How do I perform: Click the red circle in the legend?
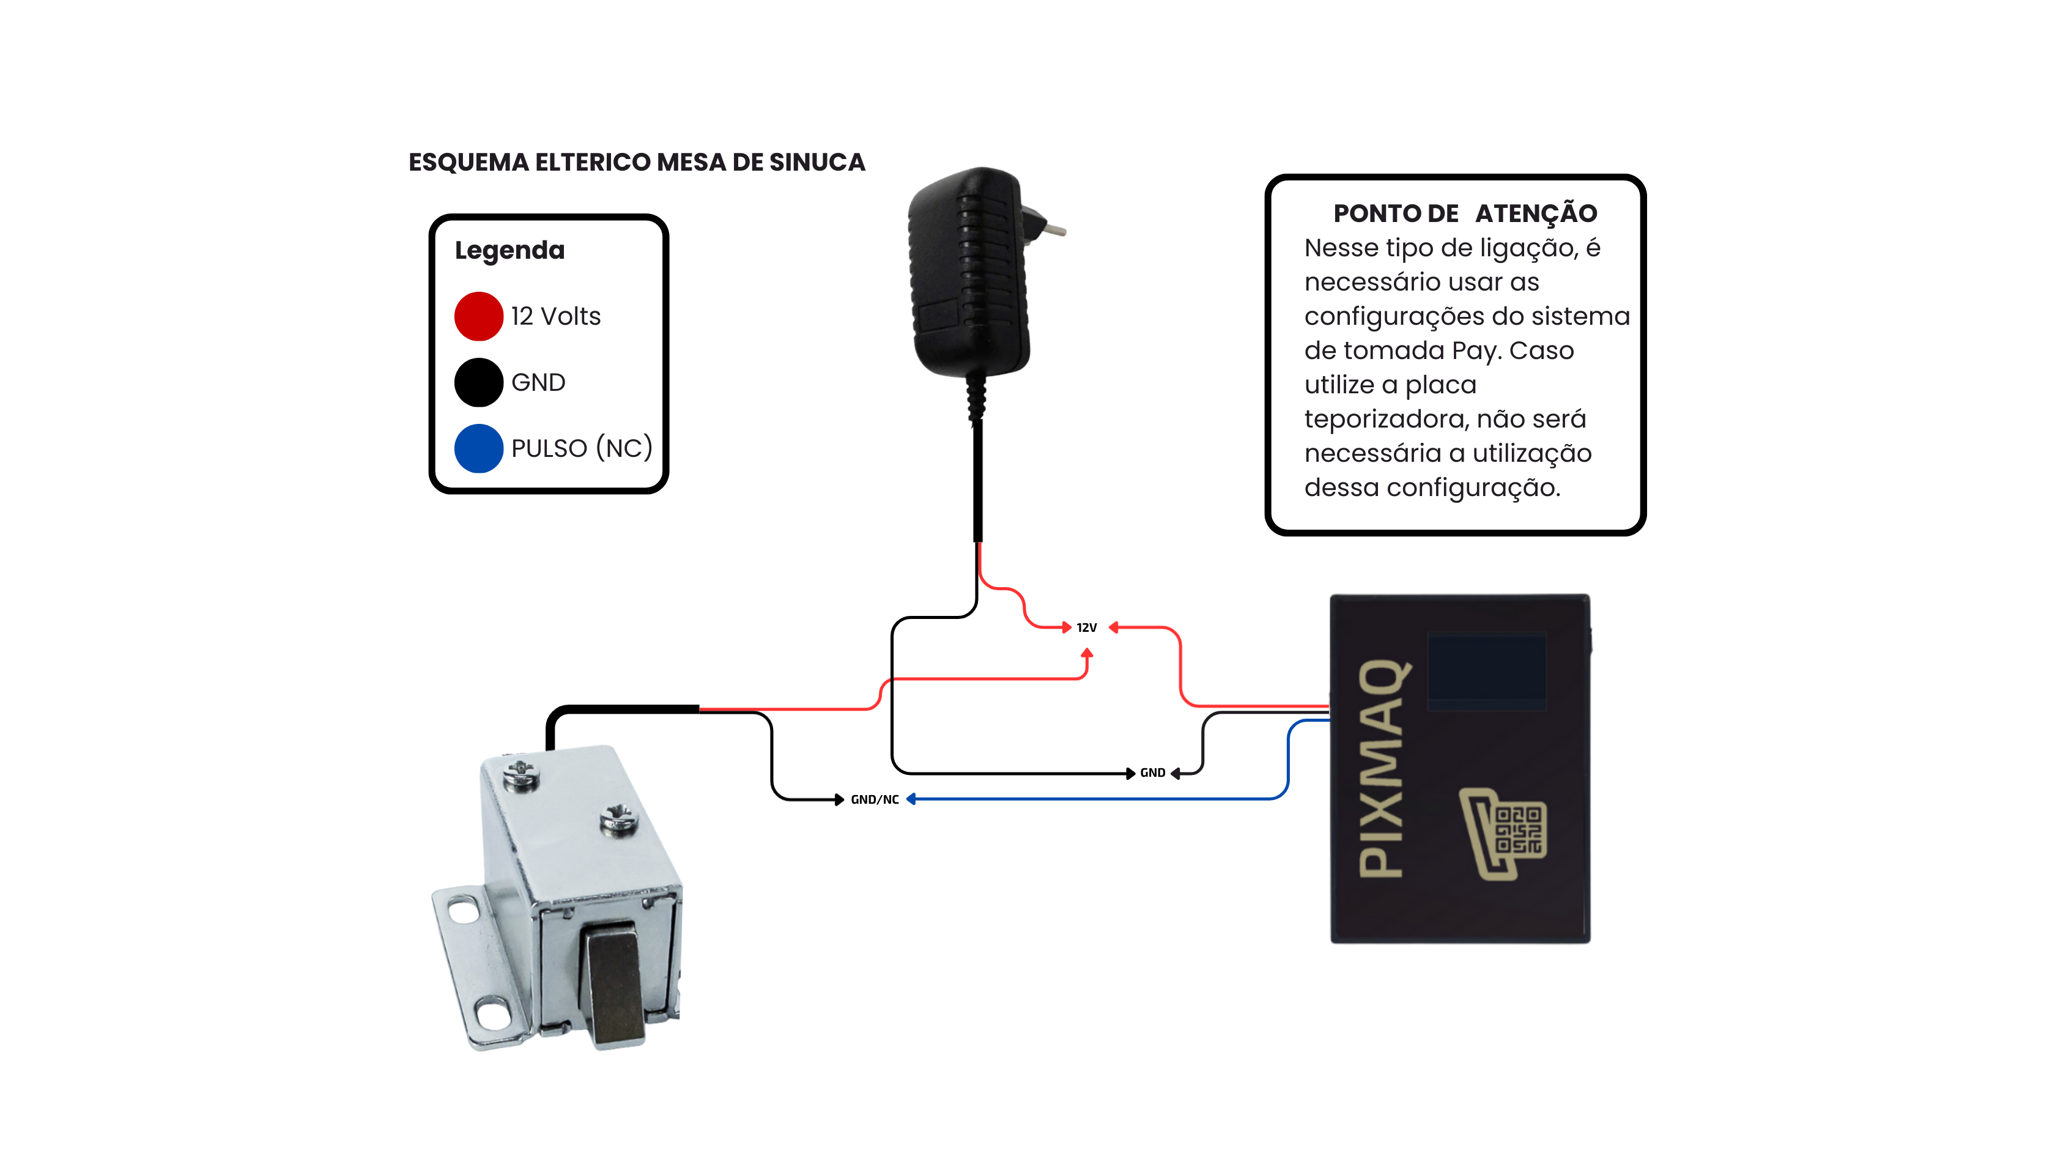click(x=479, y=316)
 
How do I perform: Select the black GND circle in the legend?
click(x=479, y=382)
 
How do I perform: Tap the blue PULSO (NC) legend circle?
click(x=479, y=448)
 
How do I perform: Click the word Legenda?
click(x=509, y=251)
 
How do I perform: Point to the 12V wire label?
click(x=1087, y=628)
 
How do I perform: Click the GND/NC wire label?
click(x=875, y=799)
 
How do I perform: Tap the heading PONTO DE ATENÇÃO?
click(x=1465, y=214)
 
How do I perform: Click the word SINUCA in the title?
click(x=817, y=163)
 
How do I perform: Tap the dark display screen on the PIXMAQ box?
click(x=1486, y=669)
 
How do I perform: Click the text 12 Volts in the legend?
click(x=555, y=317)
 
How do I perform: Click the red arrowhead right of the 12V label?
click(x=1114, y=628)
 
